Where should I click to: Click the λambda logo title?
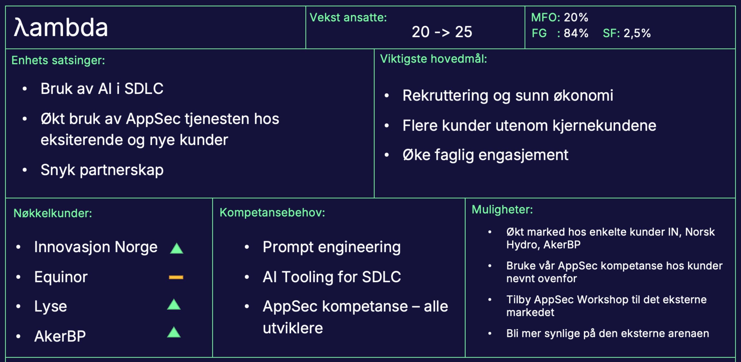coord(61,27)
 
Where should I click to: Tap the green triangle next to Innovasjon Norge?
coord(177,249)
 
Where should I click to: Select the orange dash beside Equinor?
coord(176,277)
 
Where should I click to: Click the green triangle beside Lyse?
coord(174,305)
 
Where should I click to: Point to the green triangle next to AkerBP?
coord(174,333)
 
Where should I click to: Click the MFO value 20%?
coord(576,17)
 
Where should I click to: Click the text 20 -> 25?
coord(442,32)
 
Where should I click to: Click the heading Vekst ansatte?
coord(348,17)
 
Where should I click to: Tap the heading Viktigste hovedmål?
coord(433,59)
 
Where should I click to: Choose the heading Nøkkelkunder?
coord(53,213)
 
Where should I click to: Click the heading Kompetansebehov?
coord(272,213)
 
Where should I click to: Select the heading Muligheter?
coord(502,210)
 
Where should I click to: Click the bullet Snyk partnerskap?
coord(102,170)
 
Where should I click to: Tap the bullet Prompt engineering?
coord(331,247)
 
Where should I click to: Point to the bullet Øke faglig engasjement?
coord(485,155)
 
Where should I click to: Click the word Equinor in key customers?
coord(61,277)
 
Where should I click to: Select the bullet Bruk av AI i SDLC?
coord(102,88)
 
